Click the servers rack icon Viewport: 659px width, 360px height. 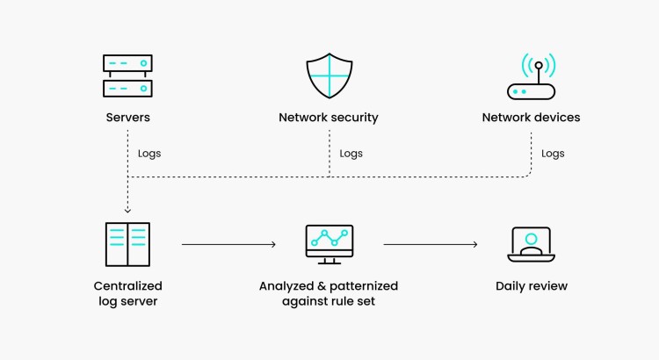(x=127, y=76)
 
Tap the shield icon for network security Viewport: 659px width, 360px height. (x=329, y=76)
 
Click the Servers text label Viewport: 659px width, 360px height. (x=127, y=117)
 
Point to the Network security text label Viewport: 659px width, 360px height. (x=329, y=117)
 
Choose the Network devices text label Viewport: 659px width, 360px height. (x=531, y=117)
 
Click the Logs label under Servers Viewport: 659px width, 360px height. (x=149, y=154)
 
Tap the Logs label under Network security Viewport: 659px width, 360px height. (x=351, y=154)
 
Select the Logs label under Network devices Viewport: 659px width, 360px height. (x=553, y=154)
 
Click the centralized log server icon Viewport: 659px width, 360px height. (x=127, y=244)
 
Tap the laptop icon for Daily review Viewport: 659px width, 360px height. (x=531, y=244)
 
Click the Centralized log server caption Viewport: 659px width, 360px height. (x=127, y=293)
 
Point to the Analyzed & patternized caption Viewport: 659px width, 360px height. (x=329, y=293)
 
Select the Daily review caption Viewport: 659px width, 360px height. (x=531, y=286)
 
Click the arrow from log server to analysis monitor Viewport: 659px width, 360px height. (x=228, y=244)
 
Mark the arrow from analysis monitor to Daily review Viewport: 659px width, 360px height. (x=431, y=244)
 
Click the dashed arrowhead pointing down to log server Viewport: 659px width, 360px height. (x=127, y=211)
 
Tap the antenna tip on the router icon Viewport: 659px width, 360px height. (x=539, y=65)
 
